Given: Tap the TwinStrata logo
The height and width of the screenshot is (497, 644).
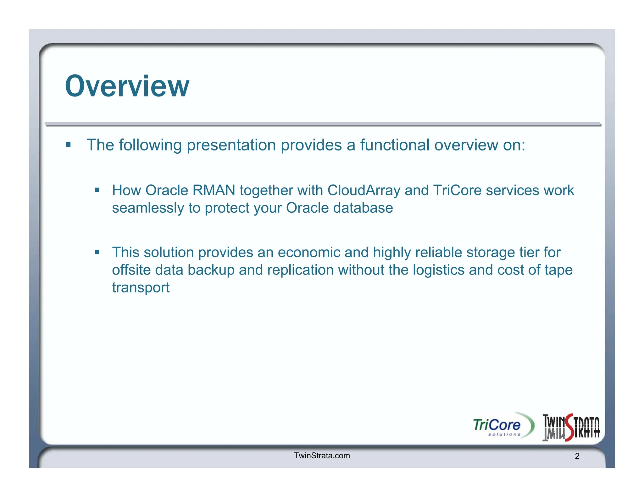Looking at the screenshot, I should (x=571, y=427).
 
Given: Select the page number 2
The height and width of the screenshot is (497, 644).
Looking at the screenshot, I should (x=577, y=456).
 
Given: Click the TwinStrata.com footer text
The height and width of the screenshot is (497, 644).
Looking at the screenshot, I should (x=321, y=456).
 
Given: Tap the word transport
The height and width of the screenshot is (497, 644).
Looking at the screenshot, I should (x=141, y=288).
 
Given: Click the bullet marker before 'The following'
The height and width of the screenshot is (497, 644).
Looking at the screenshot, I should (x=68, y=145).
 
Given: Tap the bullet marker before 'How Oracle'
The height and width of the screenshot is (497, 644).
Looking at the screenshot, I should (x=97, y=190).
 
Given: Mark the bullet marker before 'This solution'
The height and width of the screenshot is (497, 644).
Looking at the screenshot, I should (x=97, y=252).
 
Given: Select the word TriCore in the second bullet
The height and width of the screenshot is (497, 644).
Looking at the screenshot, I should (x=457, y=190).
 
